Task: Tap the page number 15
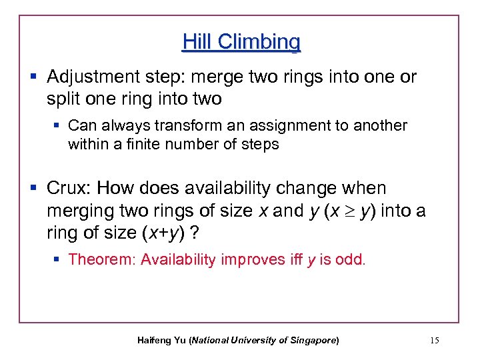click(435, 341)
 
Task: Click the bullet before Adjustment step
click(34, 77)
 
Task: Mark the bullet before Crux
click(34, 189)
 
